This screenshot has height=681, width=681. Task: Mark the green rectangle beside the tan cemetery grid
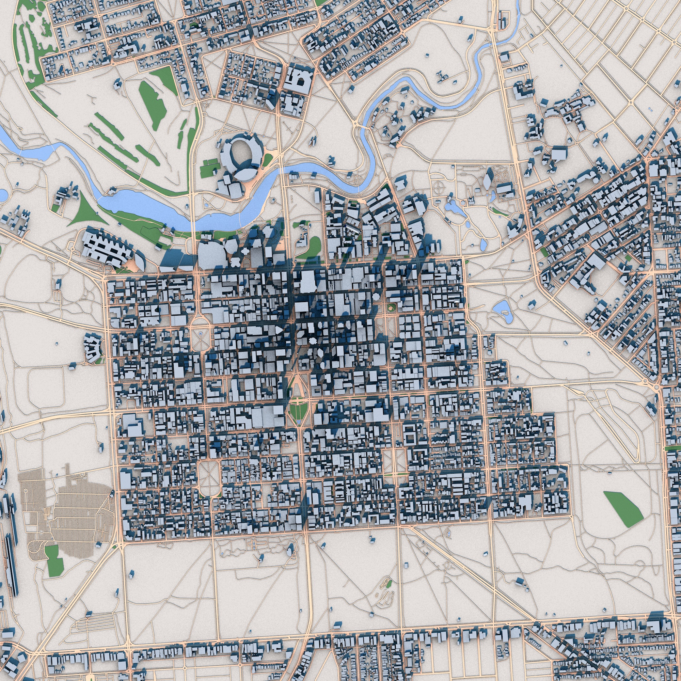(54, 561)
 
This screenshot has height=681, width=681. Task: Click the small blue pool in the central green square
(299, 421)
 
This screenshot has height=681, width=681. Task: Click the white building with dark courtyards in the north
(299, 80)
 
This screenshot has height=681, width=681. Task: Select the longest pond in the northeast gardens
(455, 209)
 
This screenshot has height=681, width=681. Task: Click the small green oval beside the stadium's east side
(268, 160)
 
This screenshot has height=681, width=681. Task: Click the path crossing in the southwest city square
(210, 478)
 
